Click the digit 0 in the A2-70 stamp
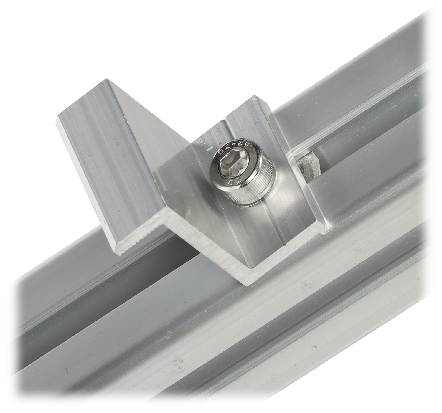pos(225,151)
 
